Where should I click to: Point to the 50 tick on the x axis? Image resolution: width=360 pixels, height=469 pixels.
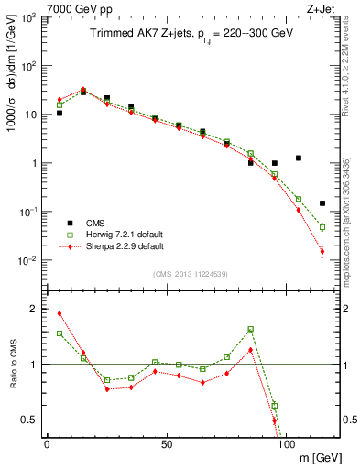(x=166, y=442)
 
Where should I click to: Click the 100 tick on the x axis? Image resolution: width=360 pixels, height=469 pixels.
(x=285, y=442)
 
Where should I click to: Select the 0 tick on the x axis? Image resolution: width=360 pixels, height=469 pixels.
(x=47, y=442)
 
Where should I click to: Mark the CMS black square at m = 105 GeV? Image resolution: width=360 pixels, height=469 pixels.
(x=299, y=158)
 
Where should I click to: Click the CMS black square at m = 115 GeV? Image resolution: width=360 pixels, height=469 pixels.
(x=322, y=203)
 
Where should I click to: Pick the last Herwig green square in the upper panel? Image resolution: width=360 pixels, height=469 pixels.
(x=322, y=226)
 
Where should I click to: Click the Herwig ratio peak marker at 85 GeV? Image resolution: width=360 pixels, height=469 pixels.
(x=251, y=329)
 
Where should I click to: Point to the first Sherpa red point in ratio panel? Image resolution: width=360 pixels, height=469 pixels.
(x=60, y=313)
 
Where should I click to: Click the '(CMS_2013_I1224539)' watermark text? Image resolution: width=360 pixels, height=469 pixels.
(x=191, y=274)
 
